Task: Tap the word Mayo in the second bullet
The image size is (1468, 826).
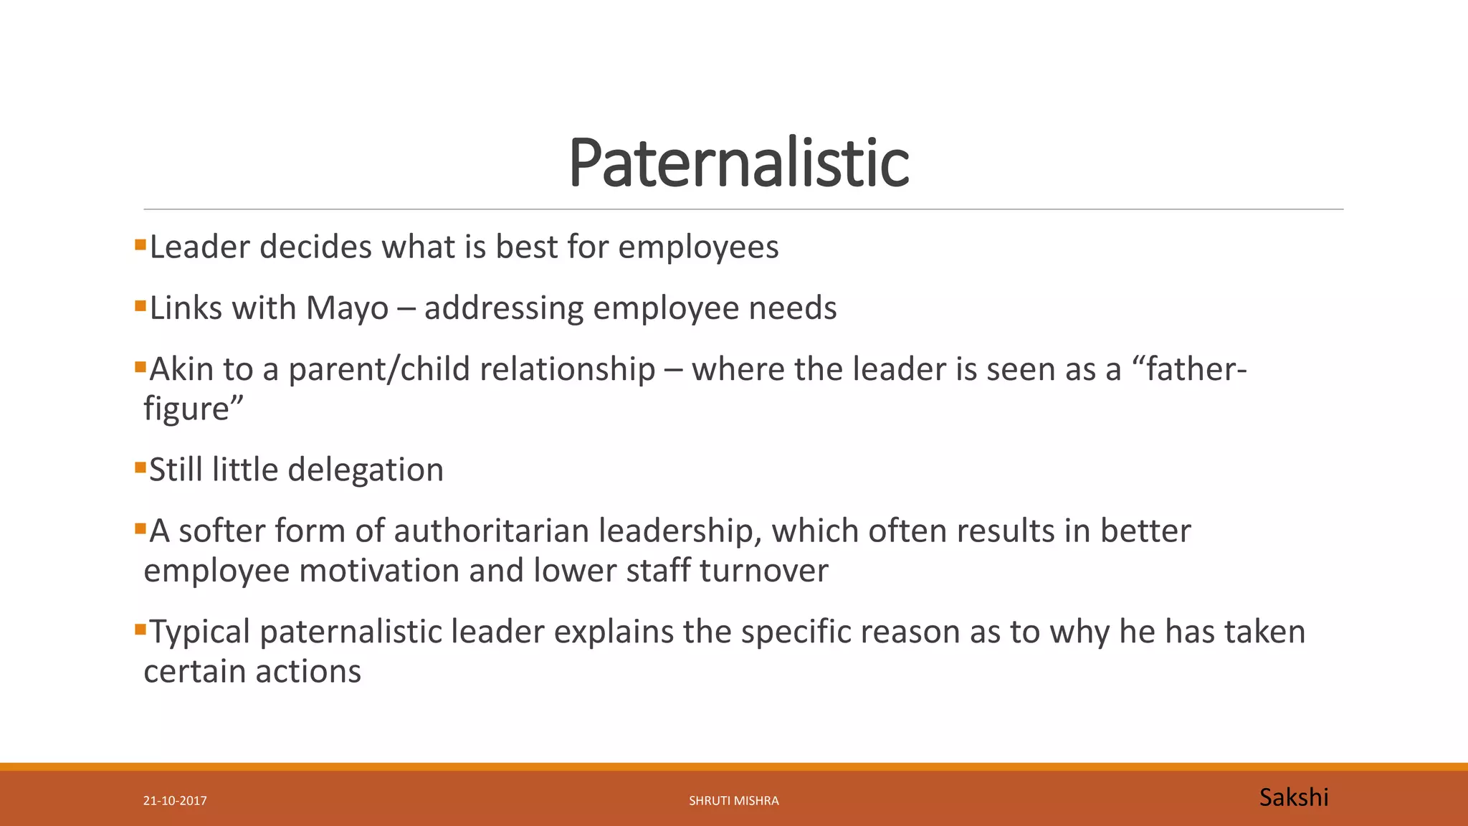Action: [x=347, y=308]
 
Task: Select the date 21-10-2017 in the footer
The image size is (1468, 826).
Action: [x=175, y=801]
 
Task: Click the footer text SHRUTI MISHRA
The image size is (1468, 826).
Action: [x=733, y=801]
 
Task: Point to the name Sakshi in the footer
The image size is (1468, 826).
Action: [x=1293, y=797]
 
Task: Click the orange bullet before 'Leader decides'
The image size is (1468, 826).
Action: [x=140, y=245]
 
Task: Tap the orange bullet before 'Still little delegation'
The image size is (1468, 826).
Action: [x=140, y=468]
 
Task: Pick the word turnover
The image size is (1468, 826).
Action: [x=763, y=571]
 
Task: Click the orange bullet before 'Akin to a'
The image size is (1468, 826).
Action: [x=140, y=368]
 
